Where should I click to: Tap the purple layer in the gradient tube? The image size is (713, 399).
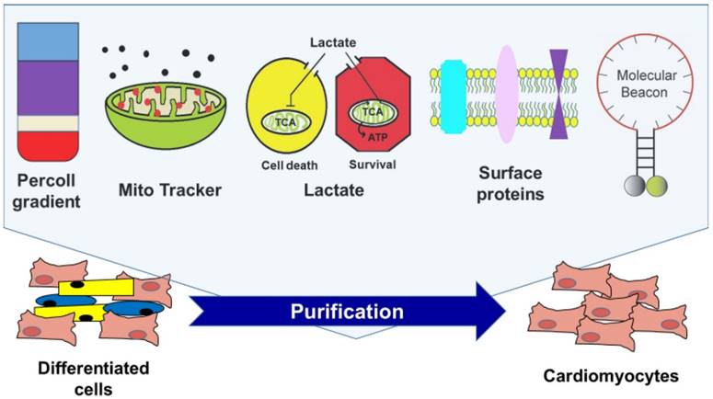click(51, 88)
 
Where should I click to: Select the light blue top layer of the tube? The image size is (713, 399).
click(51, 42)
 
